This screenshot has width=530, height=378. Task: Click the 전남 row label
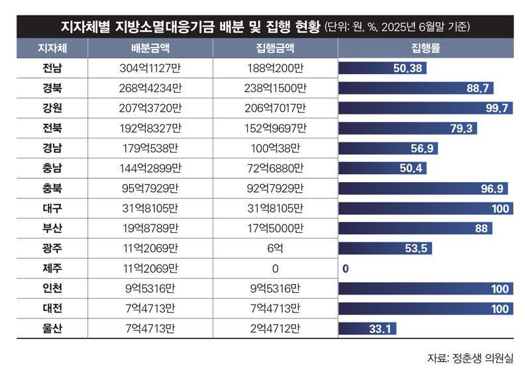[x=51, y=68]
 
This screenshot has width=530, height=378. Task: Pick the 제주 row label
[x=51, y=269]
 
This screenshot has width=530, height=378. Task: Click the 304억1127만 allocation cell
[x=150, y=68]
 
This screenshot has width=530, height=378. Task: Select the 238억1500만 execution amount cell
[x=275, y=89]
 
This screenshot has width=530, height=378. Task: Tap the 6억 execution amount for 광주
[x=275, y=249]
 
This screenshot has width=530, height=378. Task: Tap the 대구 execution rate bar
[x=425, y=209]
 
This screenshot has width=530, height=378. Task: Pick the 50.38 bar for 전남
[x=382, y=68]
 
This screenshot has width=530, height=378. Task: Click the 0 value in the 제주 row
[x=345, y=269]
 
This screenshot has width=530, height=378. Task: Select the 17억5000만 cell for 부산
[x=275, y=229]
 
